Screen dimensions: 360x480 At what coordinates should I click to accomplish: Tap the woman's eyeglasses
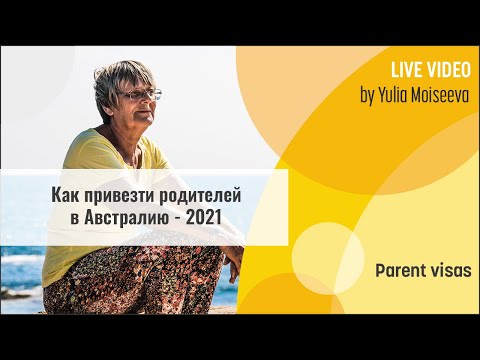141,96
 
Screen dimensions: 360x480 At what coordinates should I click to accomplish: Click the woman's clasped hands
231,262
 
